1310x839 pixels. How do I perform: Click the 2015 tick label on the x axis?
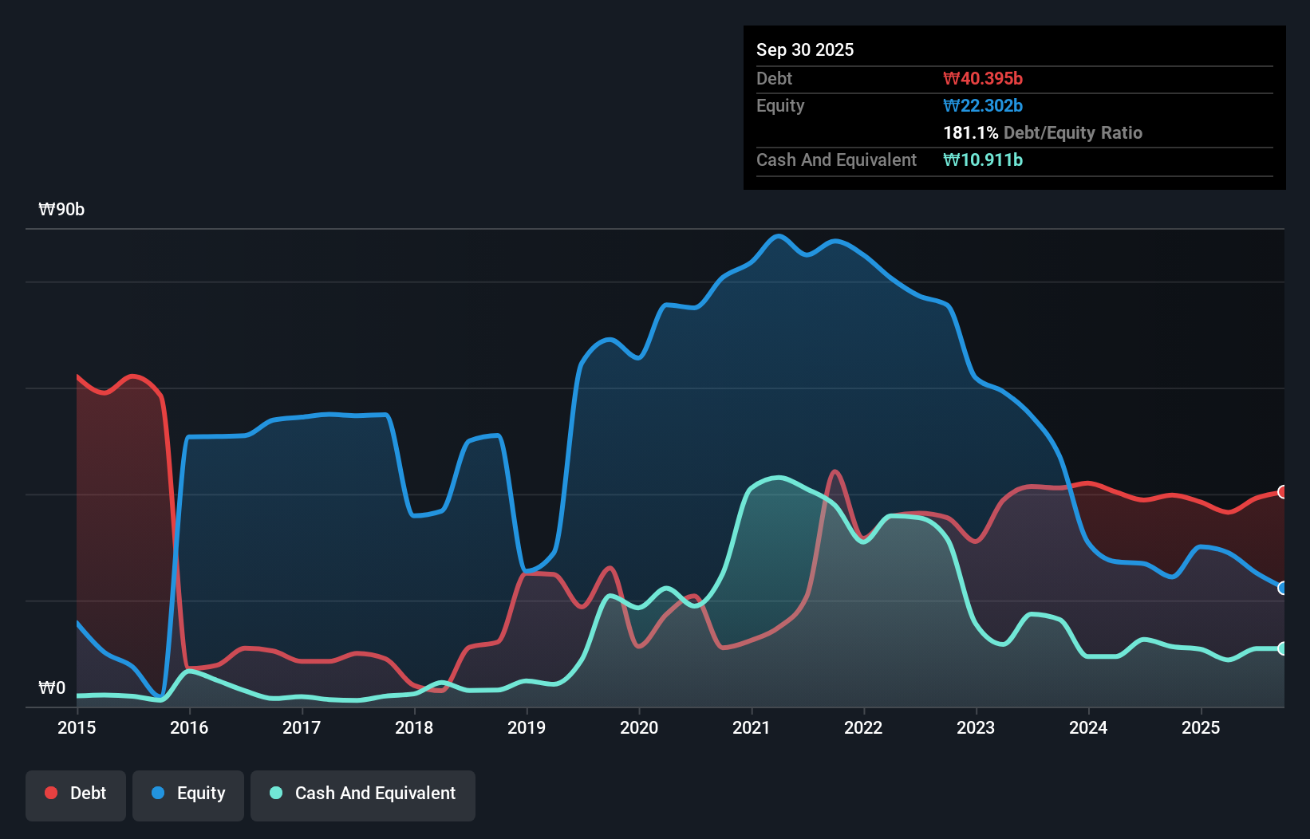(77, 727)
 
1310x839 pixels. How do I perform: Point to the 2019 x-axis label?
(527, 727)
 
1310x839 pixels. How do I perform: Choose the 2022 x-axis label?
(863, 727)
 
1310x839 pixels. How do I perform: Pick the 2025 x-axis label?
(1201, 727)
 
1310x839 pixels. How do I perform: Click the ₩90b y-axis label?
(61, 210)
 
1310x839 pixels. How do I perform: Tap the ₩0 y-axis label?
(52, 687)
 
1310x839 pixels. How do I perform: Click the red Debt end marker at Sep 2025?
(1283, 492)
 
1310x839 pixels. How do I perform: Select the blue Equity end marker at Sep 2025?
(1283, 588)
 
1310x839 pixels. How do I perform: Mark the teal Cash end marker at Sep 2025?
(1283, 648)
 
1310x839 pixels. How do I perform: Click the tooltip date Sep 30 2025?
(805, 49)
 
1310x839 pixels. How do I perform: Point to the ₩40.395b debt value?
(983, 78)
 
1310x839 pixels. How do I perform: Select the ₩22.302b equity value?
(983, 105)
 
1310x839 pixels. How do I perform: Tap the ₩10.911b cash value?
(983, 160)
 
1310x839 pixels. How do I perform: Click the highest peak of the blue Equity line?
(779, 236)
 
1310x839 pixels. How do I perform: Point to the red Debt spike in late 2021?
(835, 471)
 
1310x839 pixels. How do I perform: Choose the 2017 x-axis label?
(302, 727)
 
